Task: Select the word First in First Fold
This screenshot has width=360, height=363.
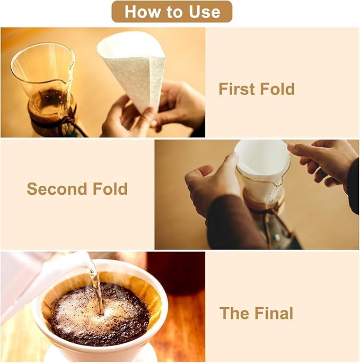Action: (x=237, y=89)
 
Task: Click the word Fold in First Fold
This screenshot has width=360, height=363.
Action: (x=277, y=89)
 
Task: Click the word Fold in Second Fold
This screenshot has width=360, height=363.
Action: (x=110, y=188)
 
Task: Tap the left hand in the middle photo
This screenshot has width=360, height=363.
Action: (x=212, y=183)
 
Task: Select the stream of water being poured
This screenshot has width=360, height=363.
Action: (x=96, y=287)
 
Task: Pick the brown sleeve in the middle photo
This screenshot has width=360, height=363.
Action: (x=233, y=223)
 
